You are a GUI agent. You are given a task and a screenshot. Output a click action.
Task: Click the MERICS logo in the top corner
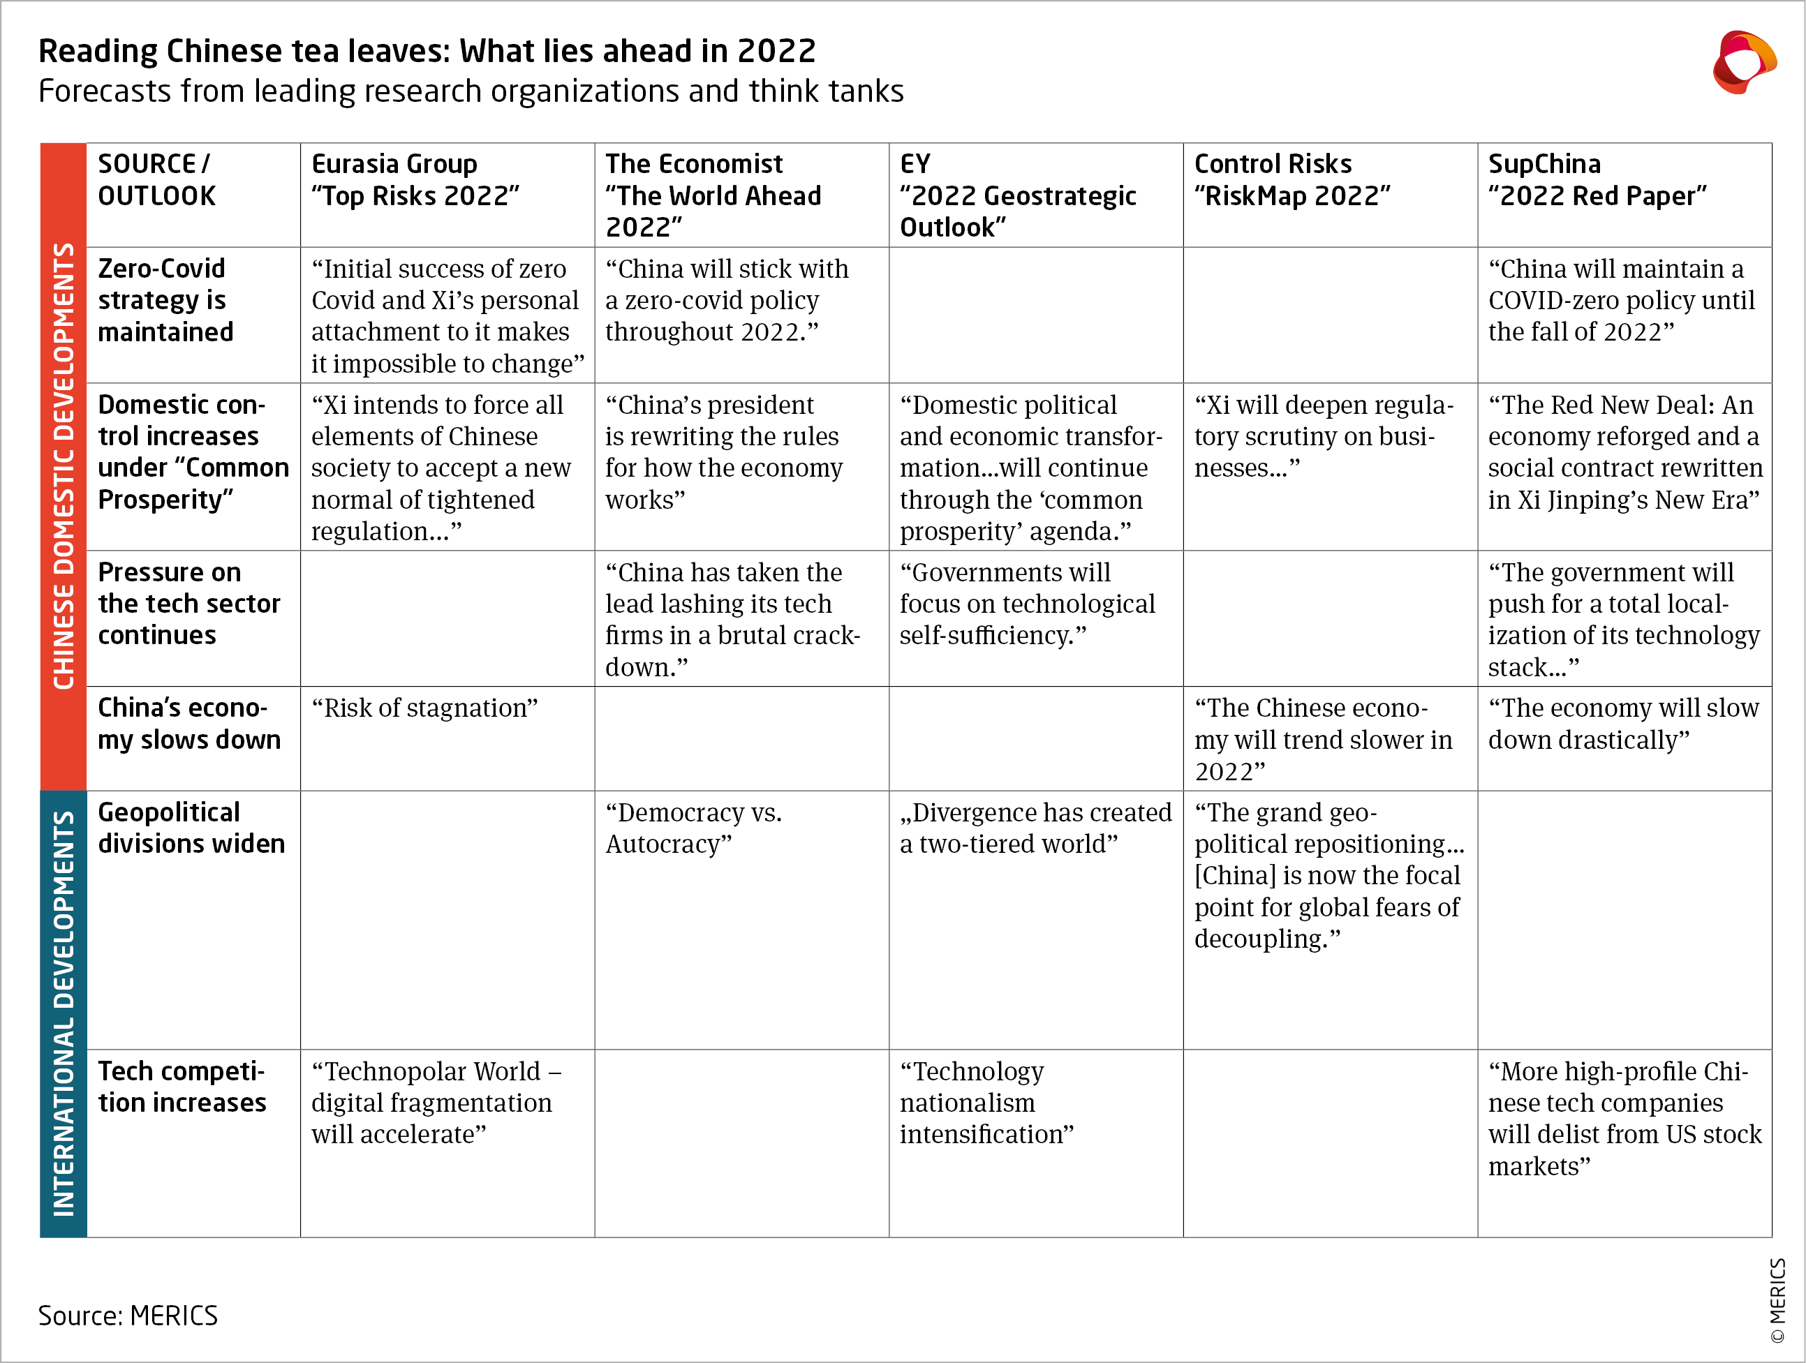(x=1743, y=63)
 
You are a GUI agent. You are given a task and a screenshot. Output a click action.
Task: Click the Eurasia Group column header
(x=415, y=179)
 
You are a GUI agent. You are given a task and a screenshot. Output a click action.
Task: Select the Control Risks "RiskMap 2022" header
(x=1291, y=179)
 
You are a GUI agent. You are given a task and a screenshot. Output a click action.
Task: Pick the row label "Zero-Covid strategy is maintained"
(x=165, y=300)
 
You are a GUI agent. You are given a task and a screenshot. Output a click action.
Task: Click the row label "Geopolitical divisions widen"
(x=191, y=828)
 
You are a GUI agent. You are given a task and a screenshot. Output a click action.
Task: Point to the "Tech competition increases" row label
(x=182, y=1087)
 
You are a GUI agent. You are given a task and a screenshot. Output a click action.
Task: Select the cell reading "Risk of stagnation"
(x=424, y=708)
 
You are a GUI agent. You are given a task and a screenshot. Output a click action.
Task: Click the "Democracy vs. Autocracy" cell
(x=693, y=828)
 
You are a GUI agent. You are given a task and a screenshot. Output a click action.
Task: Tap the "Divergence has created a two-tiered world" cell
(x=1035, y=828)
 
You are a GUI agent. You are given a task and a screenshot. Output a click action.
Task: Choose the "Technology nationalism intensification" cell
(x=986, y=1103)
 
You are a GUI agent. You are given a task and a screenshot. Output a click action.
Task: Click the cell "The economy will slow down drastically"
(x=1622, y=724)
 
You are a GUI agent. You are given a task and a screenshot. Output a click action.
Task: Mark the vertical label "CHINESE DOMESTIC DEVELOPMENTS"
(x=64, y=465)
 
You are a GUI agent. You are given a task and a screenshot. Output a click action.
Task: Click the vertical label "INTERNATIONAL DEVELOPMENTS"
(x=64, y=1013)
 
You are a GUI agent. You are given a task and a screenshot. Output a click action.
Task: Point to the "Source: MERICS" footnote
(x=128, y=1316)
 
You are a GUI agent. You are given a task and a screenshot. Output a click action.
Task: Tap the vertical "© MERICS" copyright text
(x=1777, y=1299)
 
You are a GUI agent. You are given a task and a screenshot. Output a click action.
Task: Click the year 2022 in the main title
(x=776, y=52)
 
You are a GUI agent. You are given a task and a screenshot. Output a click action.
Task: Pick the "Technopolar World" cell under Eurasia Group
(x=435, y=1103)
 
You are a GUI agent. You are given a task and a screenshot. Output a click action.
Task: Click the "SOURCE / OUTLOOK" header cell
(x=157, y=179)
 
